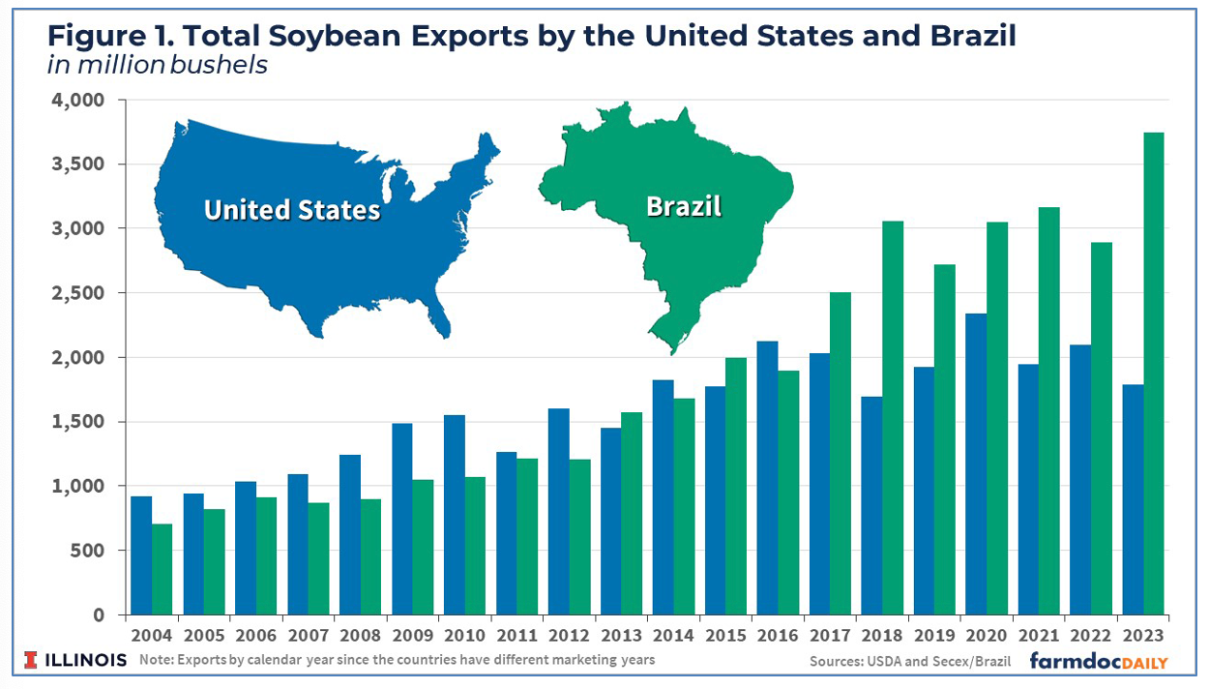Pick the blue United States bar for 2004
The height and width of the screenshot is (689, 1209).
click(141, 555)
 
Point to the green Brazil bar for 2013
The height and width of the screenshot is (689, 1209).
click(633, 513)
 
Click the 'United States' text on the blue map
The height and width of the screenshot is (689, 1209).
click(292, 210)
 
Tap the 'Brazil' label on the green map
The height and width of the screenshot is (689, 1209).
click(683, 206)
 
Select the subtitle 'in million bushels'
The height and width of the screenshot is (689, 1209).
click(158, 67)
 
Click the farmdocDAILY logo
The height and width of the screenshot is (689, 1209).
click(1098, 661)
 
